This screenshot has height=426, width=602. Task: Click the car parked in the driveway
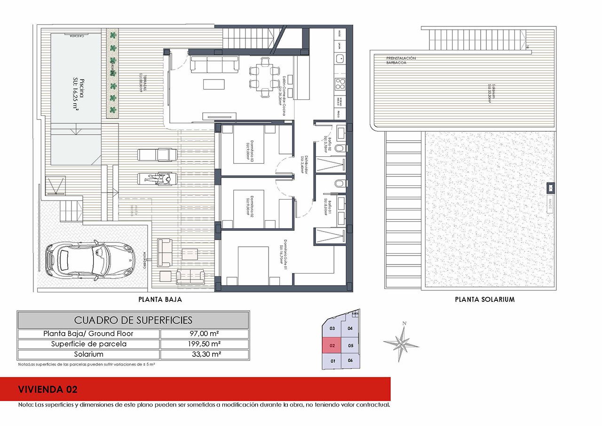coord(90,260)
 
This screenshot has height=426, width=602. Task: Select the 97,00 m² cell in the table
coord(204,334)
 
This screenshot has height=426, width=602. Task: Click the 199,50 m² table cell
coord(204,344)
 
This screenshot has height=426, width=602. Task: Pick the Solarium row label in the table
coord(88,354)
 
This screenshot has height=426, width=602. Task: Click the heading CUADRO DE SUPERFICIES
coord(133,320)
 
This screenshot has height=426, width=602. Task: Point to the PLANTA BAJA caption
coord(160,299)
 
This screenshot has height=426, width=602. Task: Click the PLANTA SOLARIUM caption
coord(484,299)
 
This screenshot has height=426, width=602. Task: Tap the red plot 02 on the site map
coord(332,345)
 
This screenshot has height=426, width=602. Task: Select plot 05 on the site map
coord(350,345)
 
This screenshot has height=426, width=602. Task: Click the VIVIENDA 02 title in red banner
coord(48,389)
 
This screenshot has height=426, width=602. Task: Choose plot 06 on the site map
coord(350,361)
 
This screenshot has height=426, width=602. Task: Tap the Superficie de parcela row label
coord(88,344)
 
